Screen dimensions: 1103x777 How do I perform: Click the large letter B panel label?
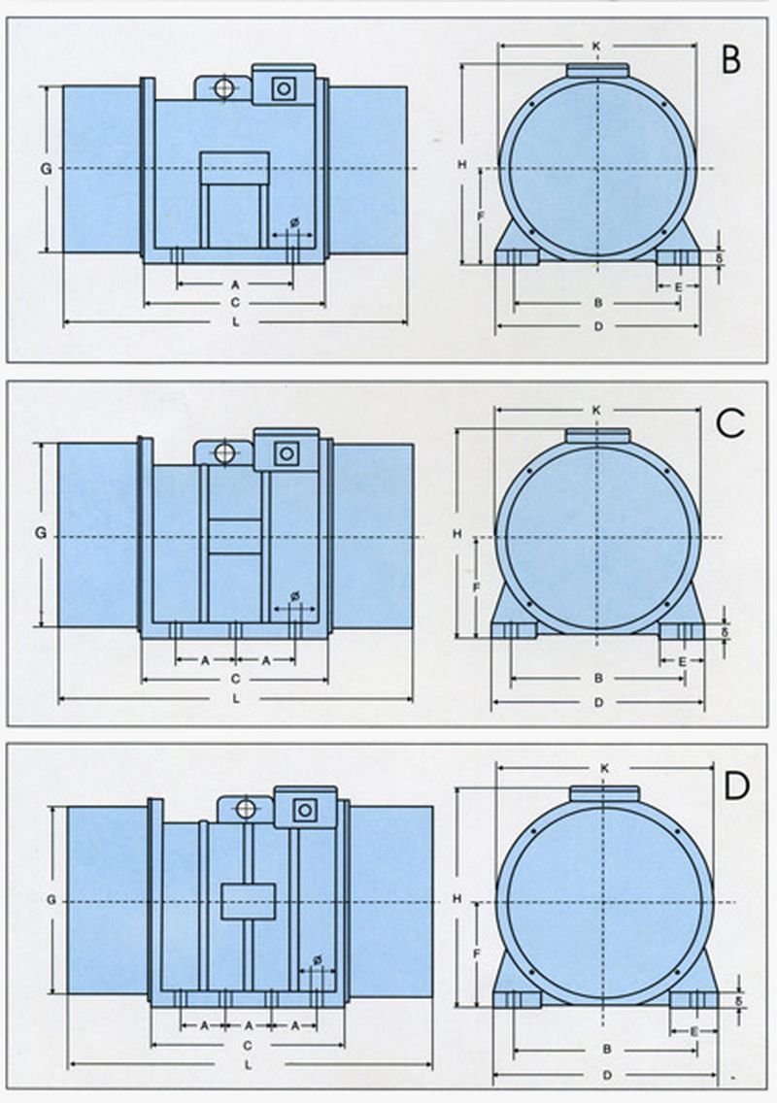731,59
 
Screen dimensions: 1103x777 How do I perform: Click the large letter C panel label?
729,422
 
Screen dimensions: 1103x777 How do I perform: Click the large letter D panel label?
736,785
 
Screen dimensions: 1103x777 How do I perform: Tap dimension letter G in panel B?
46,168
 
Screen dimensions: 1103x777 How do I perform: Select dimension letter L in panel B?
236,321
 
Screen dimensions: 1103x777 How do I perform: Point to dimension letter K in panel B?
596,45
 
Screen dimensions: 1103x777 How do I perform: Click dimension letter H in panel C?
456,534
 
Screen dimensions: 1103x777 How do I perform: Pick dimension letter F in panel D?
477,954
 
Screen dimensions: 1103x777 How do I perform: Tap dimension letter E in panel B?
678,286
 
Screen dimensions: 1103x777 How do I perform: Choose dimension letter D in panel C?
598,701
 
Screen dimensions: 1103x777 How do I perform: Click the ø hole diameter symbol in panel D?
317,961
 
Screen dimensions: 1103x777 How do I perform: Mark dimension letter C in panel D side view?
249,1045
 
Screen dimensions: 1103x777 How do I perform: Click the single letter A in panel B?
235,285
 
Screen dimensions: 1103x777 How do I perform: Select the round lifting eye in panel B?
223,88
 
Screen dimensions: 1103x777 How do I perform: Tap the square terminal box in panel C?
286,453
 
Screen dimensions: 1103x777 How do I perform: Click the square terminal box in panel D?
305,808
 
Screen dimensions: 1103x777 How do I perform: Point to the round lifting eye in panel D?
246,808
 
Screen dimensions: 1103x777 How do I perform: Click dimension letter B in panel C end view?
598,677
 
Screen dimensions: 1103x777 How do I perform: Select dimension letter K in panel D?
604,768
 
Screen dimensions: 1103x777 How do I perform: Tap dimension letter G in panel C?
41,532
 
